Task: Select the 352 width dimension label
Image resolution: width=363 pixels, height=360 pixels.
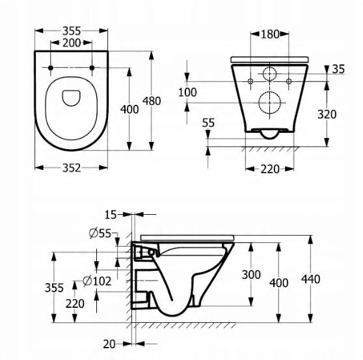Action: coord(72,168)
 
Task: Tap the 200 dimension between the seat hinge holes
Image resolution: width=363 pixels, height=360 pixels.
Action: coord(72,43)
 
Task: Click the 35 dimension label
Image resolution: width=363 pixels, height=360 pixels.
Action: coord(339,69)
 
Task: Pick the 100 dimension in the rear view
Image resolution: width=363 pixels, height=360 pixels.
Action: coord(187,92)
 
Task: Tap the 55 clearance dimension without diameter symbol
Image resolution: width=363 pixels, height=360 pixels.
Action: coord(208,122)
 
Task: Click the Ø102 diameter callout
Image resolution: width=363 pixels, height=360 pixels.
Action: coord(97,281)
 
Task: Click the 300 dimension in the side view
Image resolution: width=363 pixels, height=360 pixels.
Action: coord(250,275)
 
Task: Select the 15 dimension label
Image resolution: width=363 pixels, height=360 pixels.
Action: coord(112,214)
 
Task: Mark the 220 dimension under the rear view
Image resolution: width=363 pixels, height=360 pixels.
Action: coord(269,169)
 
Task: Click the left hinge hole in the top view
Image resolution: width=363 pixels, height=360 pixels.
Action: coord(51,68)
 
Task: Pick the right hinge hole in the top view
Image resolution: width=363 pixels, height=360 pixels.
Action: coord(92,68)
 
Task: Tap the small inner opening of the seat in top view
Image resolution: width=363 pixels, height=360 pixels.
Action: coord(72,98)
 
